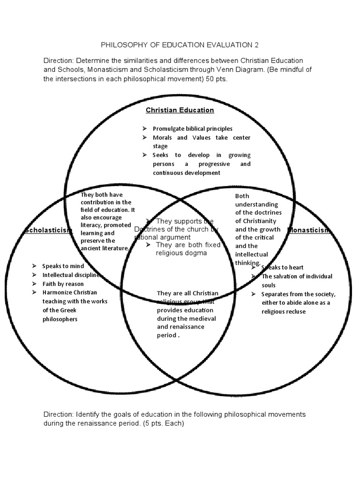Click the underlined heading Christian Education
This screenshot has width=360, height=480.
tap(180, 110)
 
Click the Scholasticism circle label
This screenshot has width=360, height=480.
tap(47, 230)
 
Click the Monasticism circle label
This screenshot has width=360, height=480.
tap(310, 230)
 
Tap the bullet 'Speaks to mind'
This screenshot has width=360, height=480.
tap(63, 266)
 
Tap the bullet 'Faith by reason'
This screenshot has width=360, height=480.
tap(63, 284)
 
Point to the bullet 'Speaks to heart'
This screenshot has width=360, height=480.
tap(280, 267)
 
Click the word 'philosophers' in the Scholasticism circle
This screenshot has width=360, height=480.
tap(60, 319)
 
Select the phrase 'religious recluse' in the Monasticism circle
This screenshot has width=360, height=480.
tap(284, 311)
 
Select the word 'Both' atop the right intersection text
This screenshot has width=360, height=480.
tap(242, 196)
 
